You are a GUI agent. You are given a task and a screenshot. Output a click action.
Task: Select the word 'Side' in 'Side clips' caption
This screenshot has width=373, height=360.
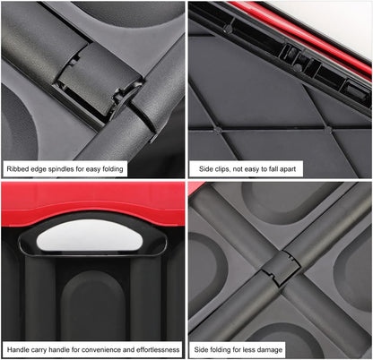click(x=207, y=168)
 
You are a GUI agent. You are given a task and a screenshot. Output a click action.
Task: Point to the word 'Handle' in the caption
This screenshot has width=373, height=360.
click(x=19, y=349)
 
